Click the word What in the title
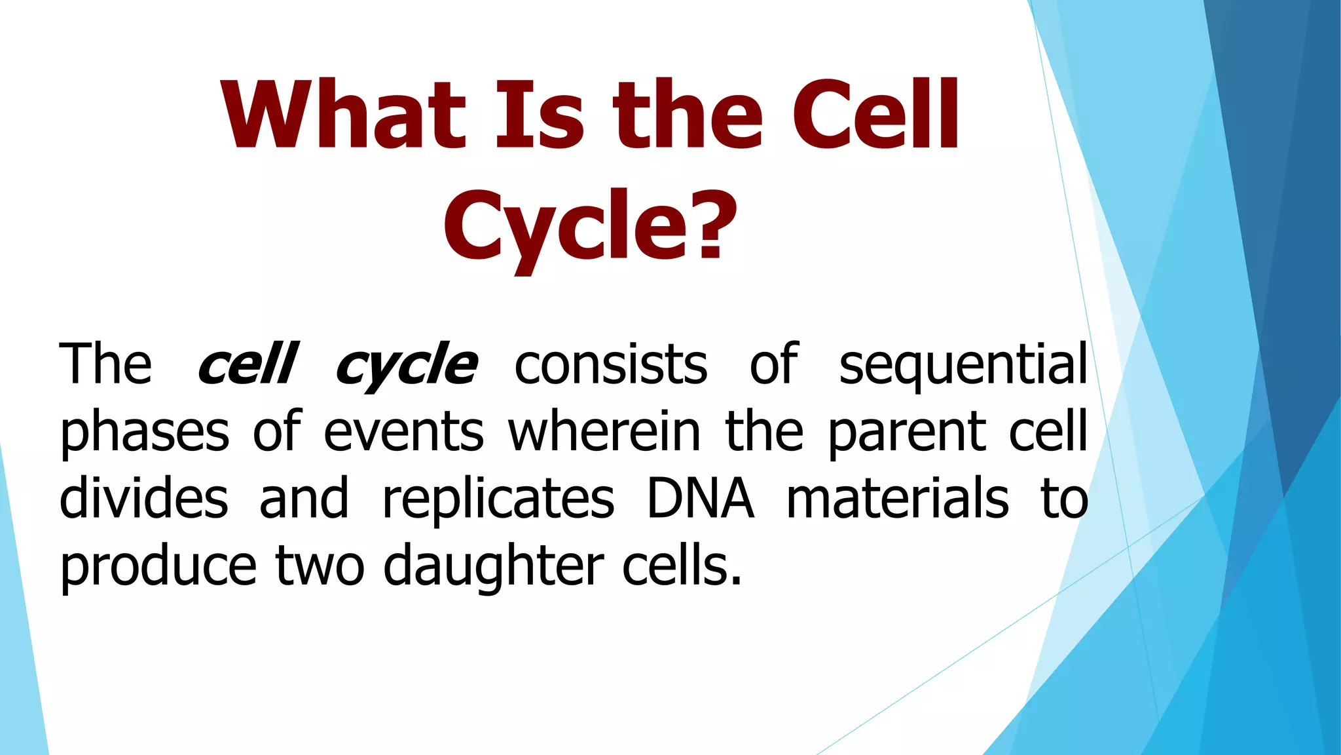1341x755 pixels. [x=343, y=115]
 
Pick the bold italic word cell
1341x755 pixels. [x=248, y=364]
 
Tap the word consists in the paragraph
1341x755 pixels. [x=610, y=364]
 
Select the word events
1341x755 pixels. [x=403, y=433]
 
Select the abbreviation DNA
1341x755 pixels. [x=700, y=499]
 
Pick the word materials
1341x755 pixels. [x=897, y=499]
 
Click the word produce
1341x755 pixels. [x=158, y=568]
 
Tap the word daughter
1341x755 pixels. [x=492, y=568]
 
